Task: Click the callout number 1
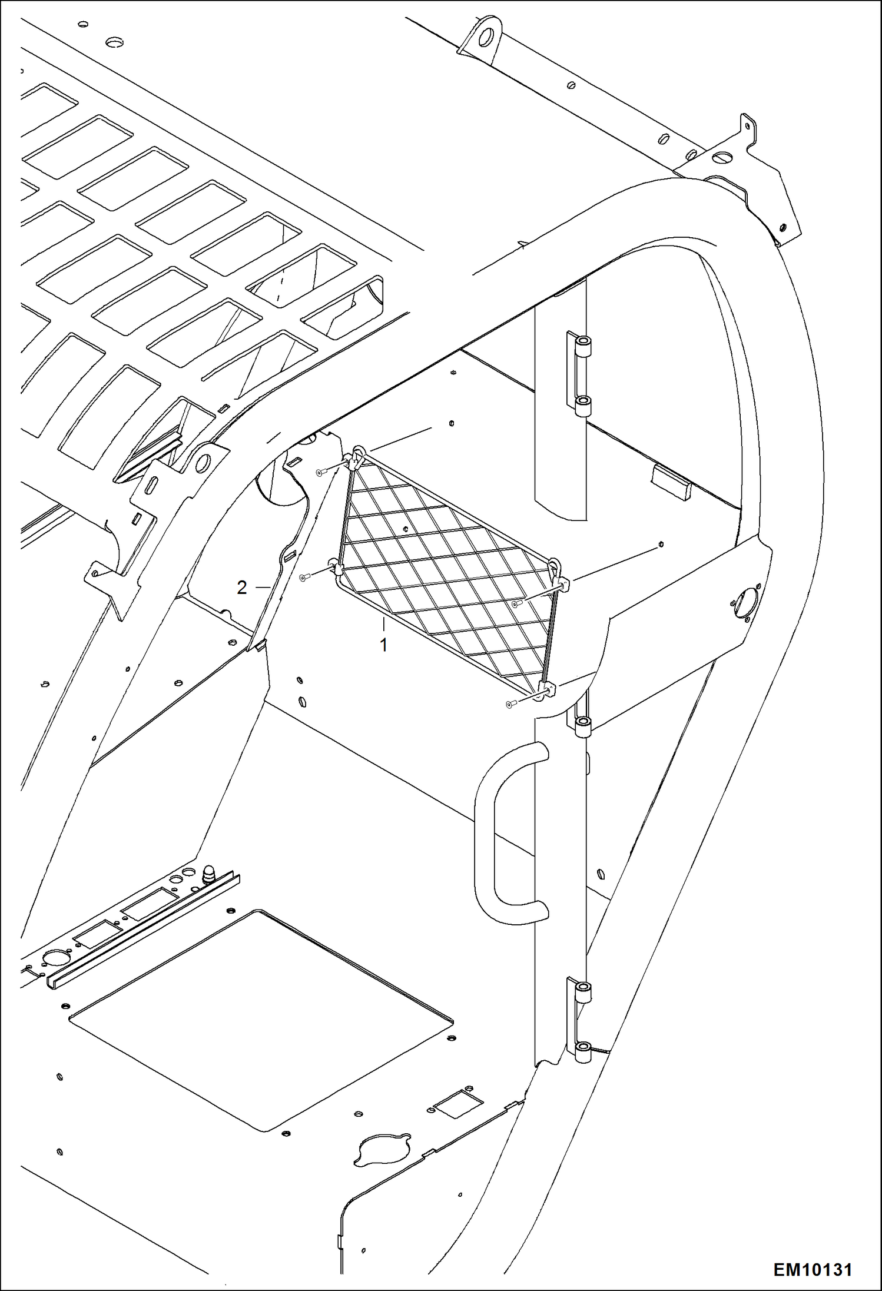pyautogui.click(x=383, y=645)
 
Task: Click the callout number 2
pyautogui.click(x=241, y=587)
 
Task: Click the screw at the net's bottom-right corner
pyautogui.click(x=510, y=703)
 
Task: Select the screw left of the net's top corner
pyautogui.click(x=320, y=472)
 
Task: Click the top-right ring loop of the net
pyautogui.click(x=554, y=566)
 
